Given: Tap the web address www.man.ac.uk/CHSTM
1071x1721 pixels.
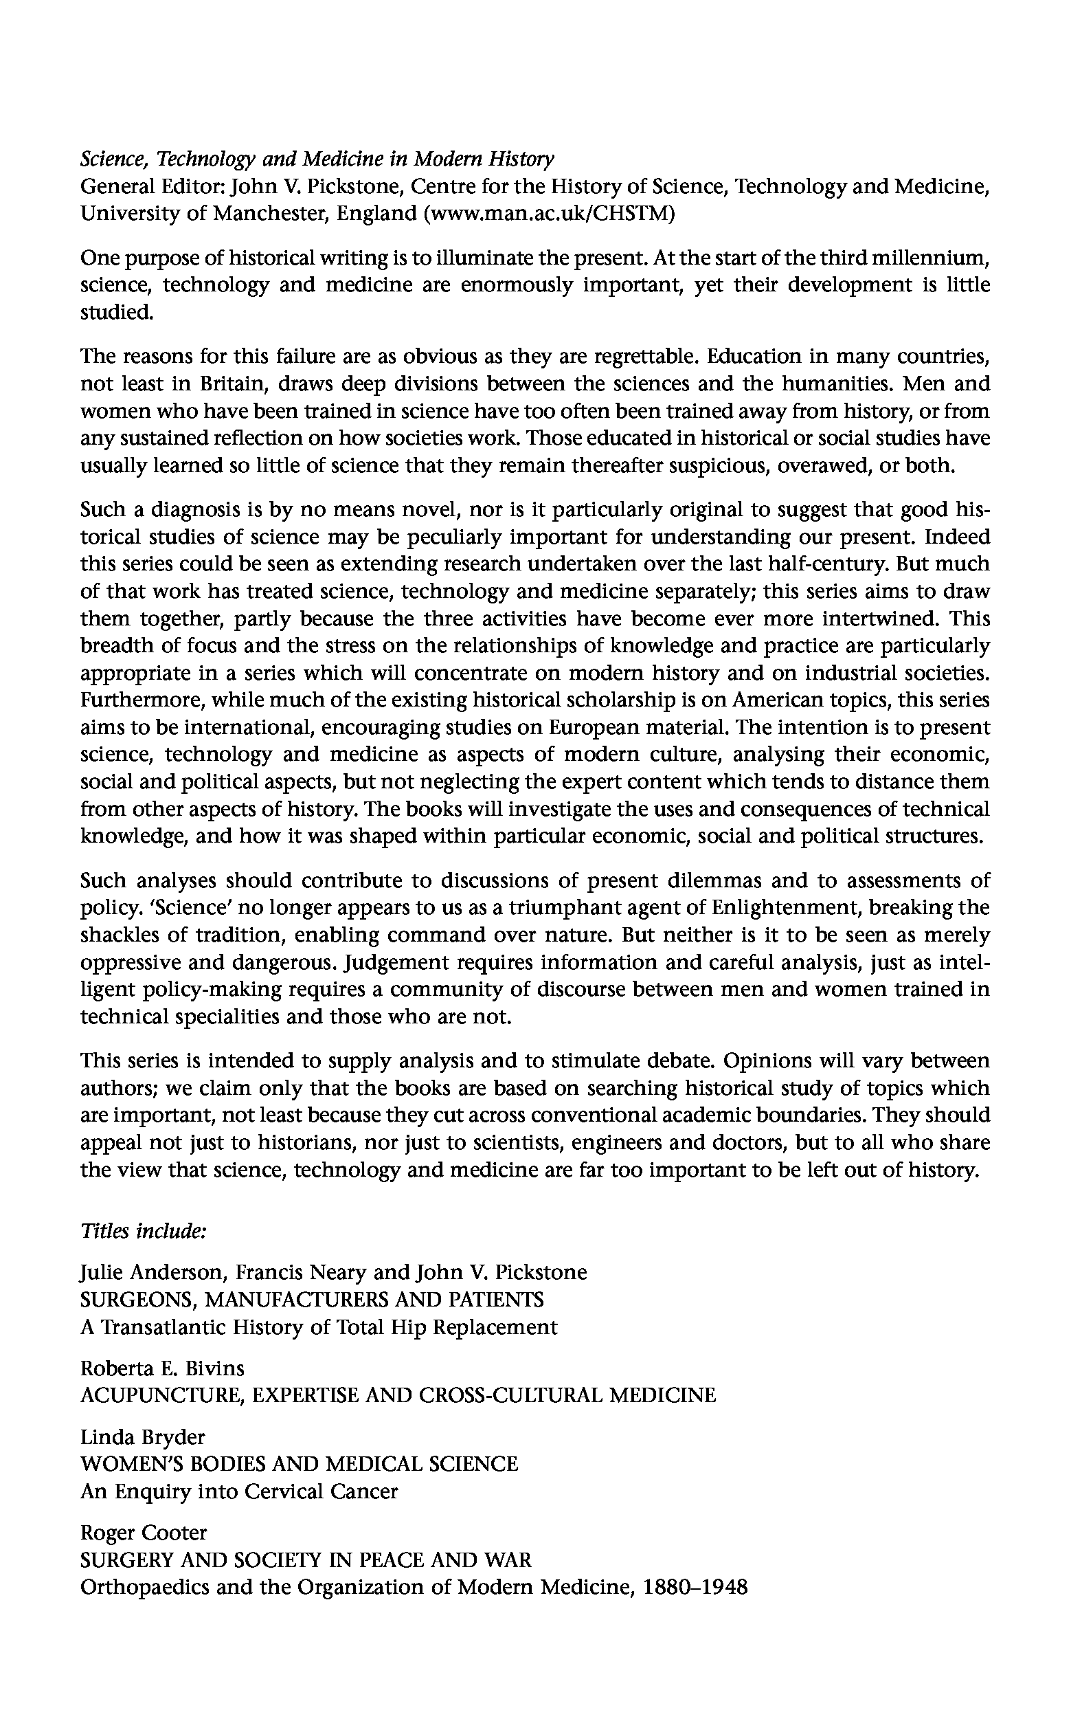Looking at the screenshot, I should (548, 213).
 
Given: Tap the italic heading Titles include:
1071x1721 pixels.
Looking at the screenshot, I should (143, 1232).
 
